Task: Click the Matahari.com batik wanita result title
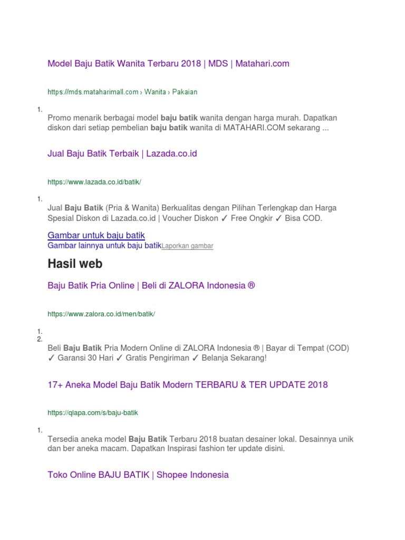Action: point(168,64)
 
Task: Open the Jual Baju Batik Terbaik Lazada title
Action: point(122,153)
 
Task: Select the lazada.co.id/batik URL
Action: point(94,182)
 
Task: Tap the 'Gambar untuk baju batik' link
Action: point(96,235)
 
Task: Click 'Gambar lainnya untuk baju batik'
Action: point(104,246)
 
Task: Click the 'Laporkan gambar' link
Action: point(187,246)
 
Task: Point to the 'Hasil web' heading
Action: point(75,264)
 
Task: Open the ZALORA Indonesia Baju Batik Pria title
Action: point(151,285)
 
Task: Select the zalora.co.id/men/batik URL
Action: point(101,314)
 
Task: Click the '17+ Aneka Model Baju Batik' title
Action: point(188,384)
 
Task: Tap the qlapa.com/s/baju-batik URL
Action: point(93,413)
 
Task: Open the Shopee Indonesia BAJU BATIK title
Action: point(138,475)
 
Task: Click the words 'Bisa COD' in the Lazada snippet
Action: point(303,218)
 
